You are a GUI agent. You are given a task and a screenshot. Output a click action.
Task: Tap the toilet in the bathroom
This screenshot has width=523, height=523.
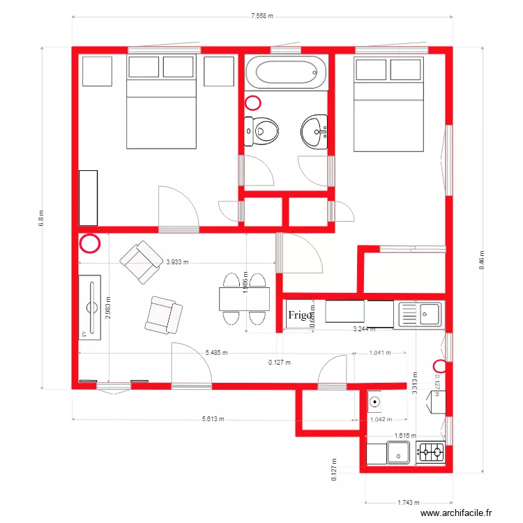click(262, 130)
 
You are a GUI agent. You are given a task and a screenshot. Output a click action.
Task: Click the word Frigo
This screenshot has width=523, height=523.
click(299, 315)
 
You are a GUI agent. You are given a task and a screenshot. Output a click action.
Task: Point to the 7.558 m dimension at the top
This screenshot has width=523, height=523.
click(262, 15)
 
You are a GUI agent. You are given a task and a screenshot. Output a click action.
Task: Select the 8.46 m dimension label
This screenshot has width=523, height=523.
click(481, 259)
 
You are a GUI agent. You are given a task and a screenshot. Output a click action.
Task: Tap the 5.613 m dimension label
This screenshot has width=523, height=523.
click(213, 420)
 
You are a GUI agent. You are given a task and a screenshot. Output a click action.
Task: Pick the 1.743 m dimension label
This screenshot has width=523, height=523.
click(409, 502)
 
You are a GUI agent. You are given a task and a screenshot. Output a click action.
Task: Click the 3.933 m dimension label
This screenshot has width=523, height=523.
click(178, 263)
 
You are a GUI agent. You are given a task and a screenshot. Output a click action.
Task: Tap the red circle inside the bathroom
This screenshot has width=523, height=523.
click(253, 103)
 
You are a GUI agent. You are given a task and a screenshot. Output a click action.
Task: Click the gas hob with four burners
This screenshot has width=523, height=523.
click(430, 453)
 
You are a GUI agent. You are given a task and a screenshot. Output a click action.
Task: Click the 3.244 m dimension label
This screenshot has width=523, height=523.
click(364, 328)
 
